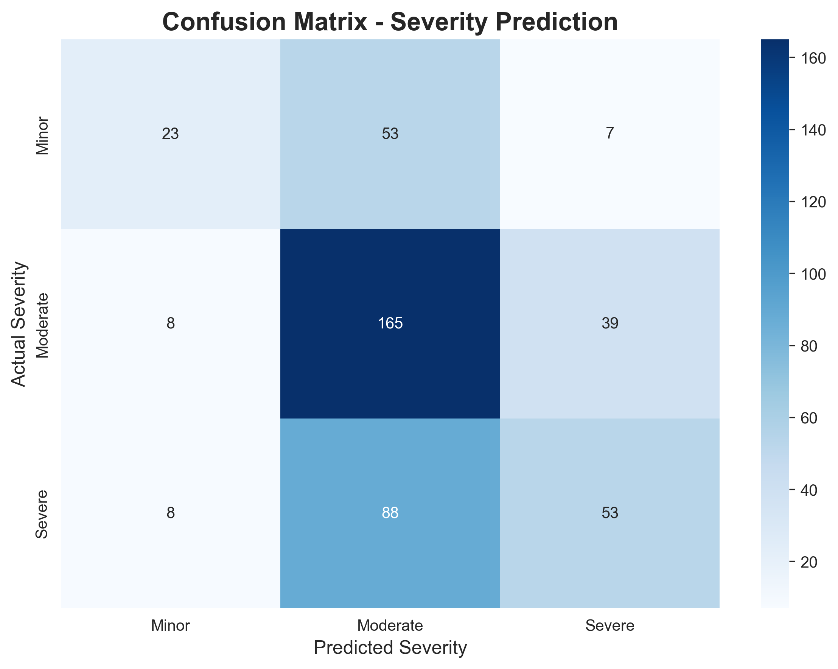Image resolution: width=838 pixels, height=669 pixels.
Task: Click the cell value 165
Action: (390, 324)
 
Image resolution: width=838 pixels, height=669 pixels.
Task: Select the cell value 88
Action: (390, 513)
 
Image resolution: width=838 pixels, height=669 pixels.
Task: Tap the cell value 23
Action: (170, 134)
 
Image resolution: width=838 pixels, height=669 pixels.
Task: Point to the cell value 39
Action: (609, 324)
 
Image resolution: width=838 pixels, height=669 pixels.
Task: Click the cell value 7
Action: (609, 134)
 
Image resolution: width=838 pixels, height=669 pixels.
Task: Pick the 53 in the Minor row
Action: (390, 134)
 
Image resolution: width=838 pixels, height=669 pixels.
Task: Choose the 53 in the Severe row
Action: (609, 513)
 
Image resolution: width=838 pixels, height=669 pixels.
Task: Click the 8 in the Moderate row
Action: (170, 324)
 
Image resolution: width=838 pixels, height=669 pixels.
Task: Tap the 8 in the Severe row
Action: (170, 513)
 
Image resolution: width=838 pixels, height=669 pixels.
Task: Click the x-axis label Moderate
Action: (390, 625)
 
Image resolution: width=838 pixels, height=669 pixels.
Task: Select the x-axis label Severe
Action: (609, 625)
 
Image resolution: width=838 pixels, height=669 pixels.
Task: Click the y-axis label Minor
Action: (43, 136)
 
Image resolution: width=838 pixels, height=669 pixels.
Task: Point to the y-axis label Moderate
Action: (43, 325)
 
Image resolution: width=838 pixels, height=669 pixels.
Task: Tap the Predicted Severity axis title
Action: (390, 648)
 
